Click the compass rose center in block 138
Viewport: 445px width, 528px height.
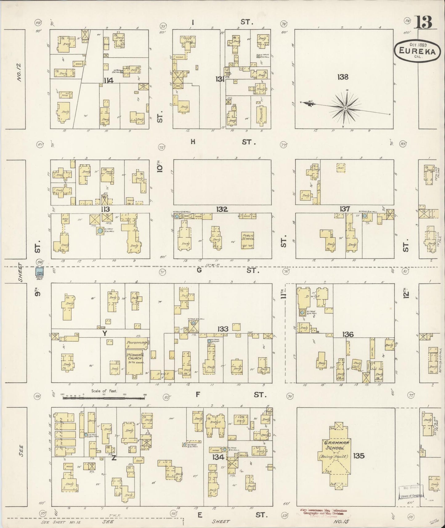(346, 108)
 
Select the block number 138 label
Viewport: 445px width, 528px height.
(342, 77)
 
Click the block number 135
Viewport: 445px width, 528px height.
(359, 455)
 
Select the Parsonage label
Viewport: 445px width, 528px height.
(137, 342)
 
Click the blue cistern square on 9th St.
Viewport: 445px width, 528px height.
(39, 272)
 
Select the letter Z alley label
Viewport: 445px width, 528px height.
(114, 458)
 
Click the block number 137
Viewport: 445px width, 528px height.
(345, 209)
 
